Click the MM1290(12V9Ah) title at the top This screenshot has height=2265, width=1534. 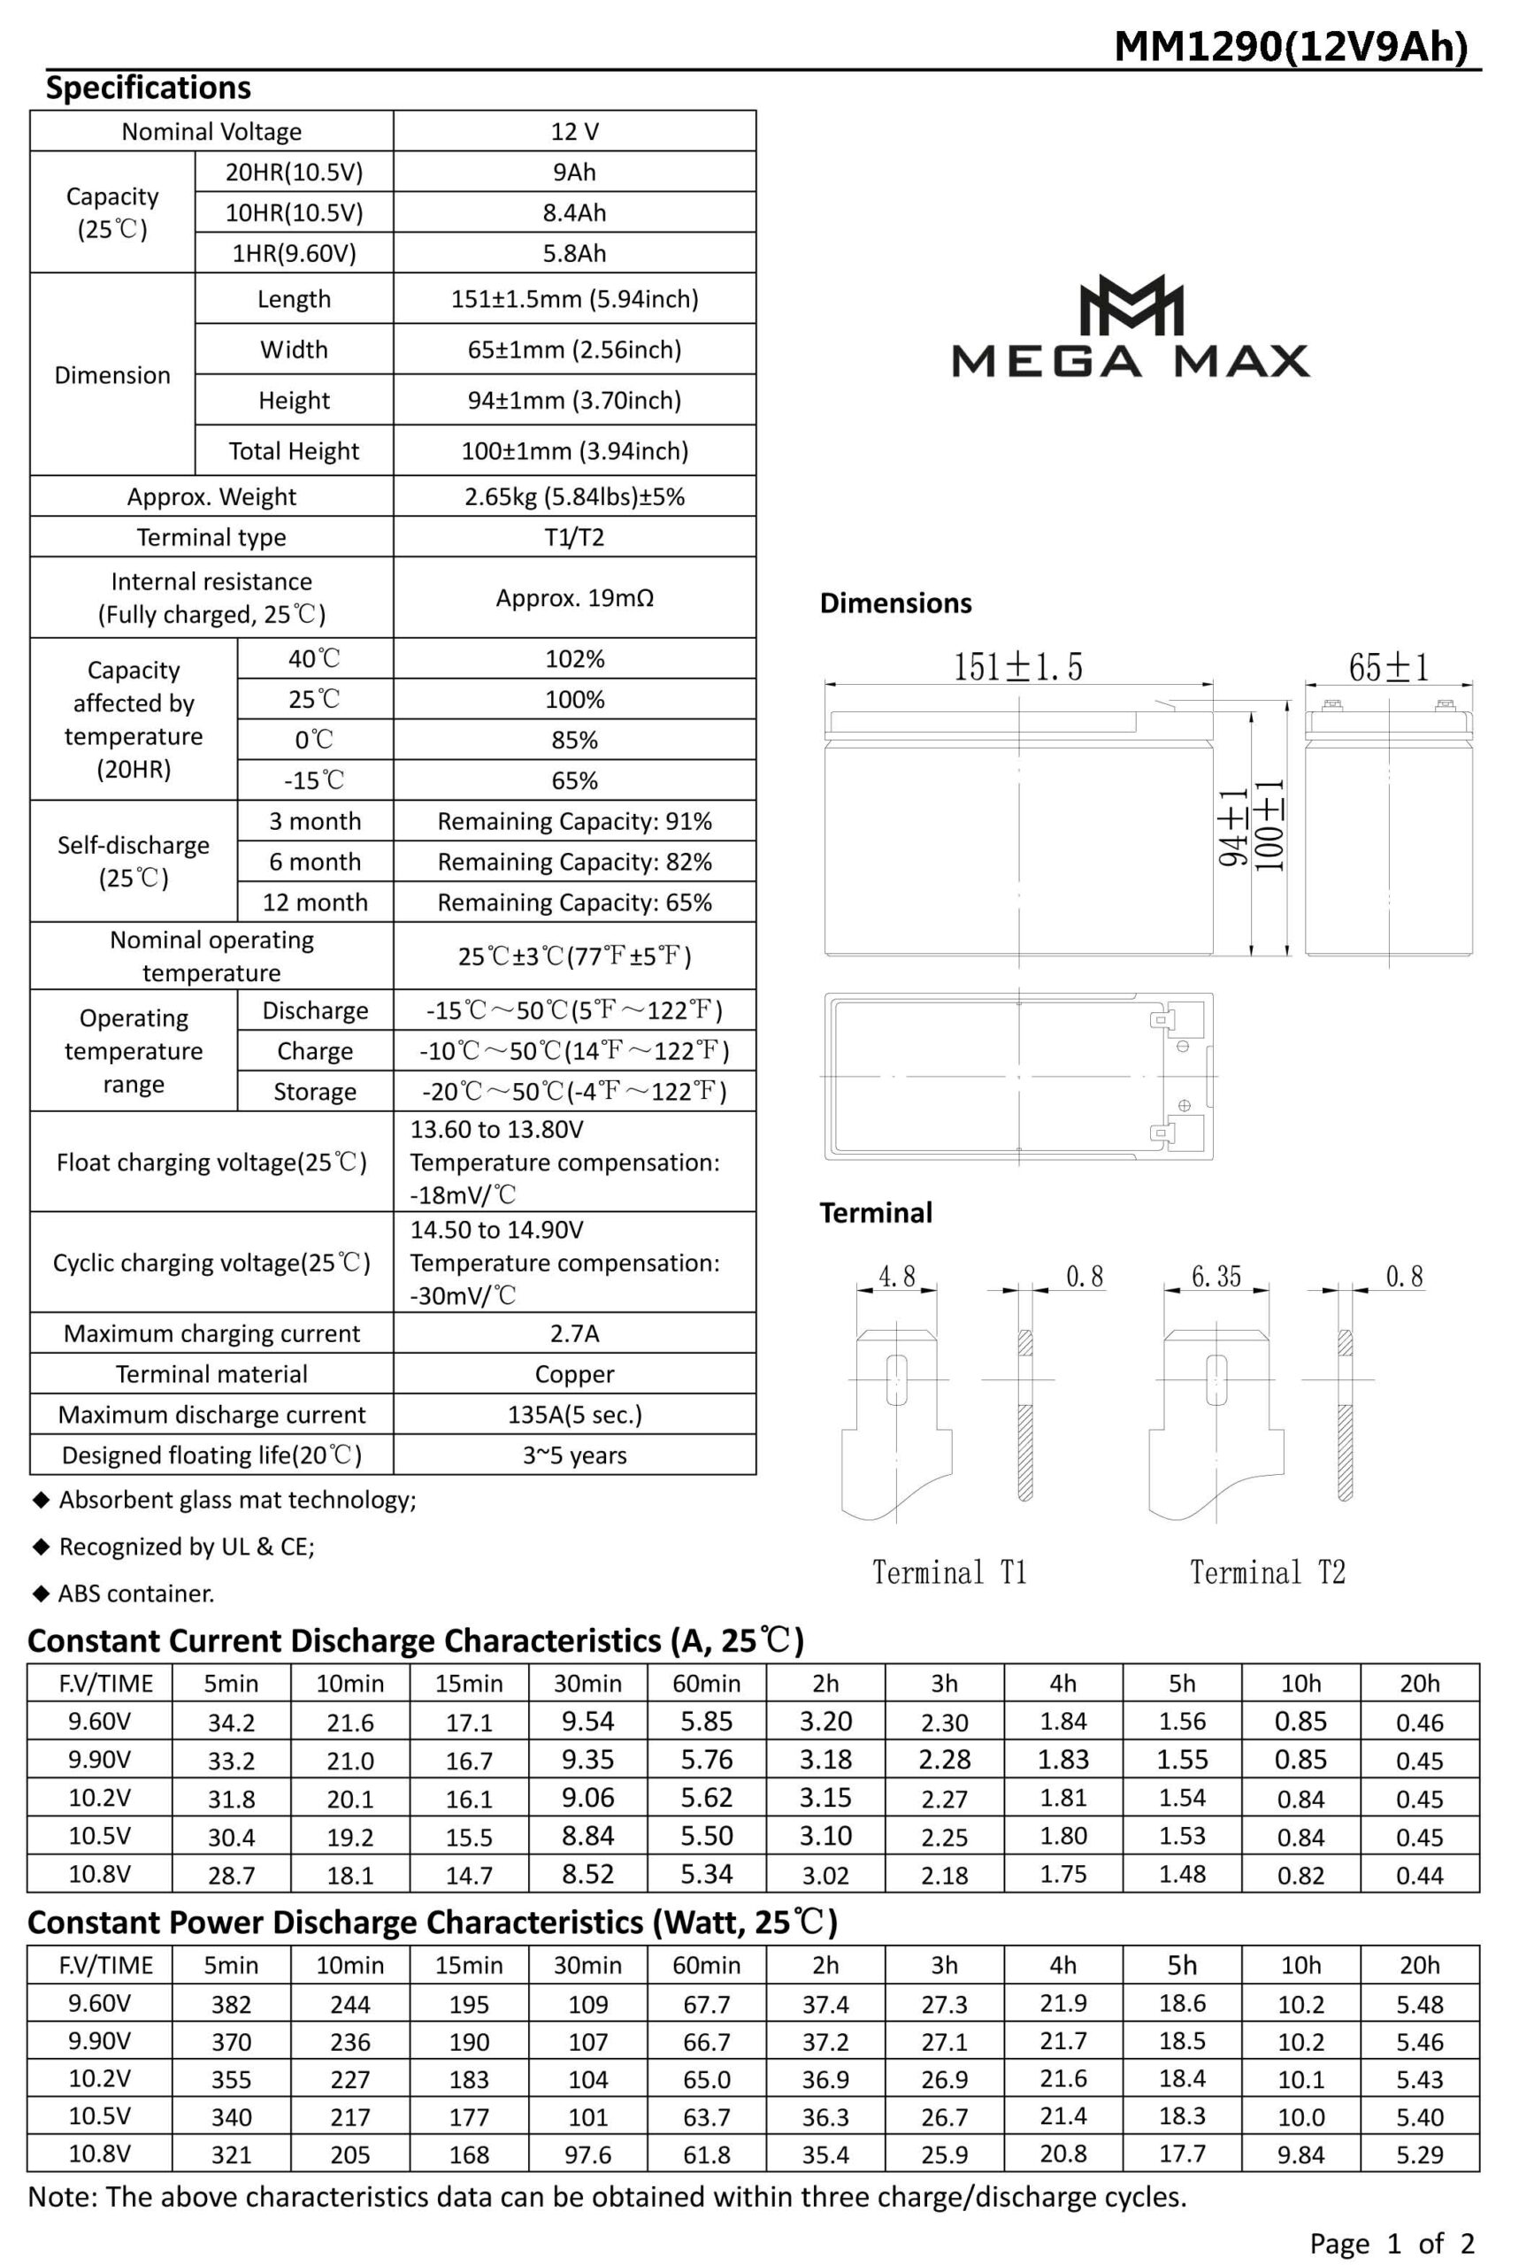tap(1291, 46)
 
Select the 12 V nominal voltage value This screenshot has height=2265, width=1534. tap(574, 132)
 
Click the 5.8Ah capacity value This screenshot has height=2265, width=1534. tap(574, 253)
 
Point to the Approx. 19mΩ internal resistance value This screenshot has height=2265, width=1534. tap(574, 597)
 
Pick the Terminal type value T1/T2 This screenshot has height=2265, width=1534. tap(574, 537)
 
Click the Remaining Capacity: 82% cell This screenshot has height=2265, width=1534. tap(574, 862)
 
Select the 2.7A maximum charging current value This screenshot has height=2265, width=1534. tap(574, 1333)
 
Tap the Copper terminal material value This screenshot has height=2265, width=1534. tap(574, 1374)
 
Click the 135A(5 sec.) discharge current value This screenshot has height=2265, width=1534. tap(574, 1414)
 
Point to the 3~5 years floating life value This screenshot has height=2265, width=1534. tap(574, 1455)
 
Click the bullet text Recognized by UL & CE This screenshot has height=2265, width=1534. tap(186, 1547)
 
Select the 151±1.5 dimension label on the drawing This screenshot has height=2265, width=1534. tap(1017, 668)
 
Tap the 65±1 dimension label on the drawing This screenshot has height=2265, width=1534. tap(1389, 668)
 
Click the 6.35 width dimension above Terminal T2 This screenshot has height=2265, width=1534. tap(1216, 1277)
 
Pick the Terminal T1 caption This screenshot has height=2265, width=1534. tap(949, 1572)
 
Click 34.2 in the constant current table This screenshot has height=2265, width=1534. tap(231, 1722)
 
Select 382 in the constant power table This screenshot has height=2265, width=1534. tap(231, 2005)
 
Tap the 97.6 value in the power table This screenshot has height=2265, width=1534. tap(587, 2155)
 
